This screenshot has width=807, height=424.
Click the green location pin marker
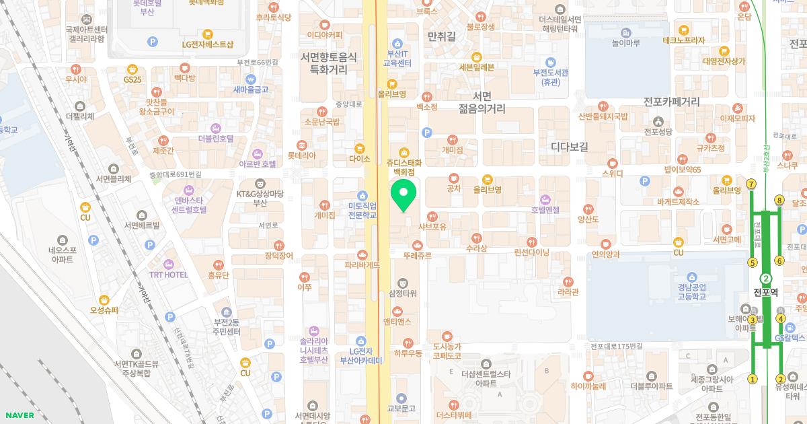(x=403, y=195)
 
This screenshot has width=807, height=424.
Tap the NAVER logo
(x=17, y=415)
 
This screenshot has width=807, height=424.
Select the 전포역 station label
(x=765, y=292)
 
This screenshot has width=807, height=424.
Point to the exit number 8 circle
(x=779, y=200)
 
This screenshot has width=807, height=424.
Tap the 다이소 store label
(x=360, y=159)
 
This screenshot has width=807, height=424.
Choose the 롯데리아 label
(x=301, y=155)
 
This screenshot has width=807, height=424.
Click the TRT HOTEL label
(x=168, y=275)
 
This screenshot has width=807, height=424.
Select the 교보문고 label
(x=401, y=408)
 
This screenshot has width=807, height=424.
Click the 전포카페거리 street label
(x=671, y=102)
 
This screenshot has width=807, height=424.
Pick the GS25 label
(x=133, y=79)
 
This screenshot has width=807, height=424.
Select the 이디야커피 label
(x=324, y=35)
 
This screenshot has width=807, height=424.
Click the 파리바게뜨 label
(x=362, y=264)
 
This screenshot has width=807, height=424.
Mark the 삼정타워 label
(x=403, y=293)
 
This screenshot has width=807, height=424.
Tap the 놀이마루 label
(x=625, y=42)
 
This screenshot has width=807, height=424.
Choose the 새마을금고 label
(x=251, y=89)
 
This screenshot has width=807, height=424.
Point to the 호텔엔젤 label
(x=545, y=209)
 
